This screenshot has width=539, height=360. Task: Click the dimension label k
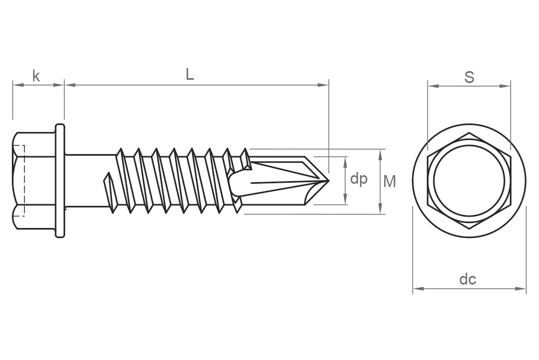click(36, 76)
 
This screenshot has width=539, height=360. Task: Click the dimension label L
click(190, 75)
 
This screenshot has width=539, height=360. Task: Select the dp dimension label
click(358, 179)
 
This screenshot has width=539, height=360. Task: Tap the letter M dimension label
click(389, 182)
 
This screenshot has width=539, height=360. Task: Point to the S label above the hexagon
click(469, 78)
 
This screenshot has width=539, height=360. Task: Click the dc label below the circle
click(467, 279)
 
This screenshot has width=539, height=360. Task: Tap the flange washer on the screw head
click(59, 181)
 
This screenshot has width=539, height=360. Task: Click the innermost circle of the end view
click(469, 182)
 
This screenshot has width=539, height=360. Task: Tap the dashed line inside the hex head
click(24, 181)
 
